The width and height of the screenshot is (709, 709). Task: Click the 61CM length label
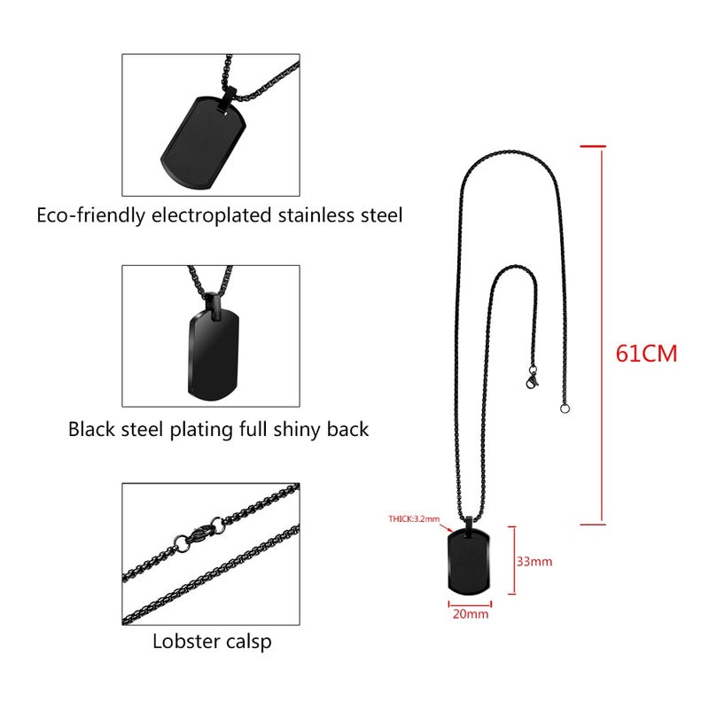(646, 354)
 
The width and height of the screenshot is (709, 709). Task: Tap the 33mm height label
(534, 562)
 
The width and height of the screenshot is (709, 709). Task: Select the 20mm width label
(471, 614)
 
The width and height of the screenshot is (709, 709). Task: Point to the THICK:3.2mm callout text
(414, 518)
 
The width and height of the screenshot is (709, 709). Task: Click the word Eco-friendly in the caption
(90, 215)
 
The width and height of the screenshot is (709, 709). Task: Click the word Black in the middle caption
(92, 429)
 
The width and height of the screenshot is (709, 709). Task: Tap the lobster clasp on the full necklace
(533, 378)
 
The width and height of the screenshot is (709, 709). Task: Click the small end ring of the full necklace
(565, 409)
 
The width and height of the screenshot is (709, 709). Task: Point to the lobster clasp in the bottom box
(199, 534)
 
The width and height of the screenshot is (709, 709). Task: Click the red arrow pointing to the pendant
(446, 527)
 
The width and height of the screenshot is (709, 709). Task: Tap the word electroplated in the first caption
(211, 215)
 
